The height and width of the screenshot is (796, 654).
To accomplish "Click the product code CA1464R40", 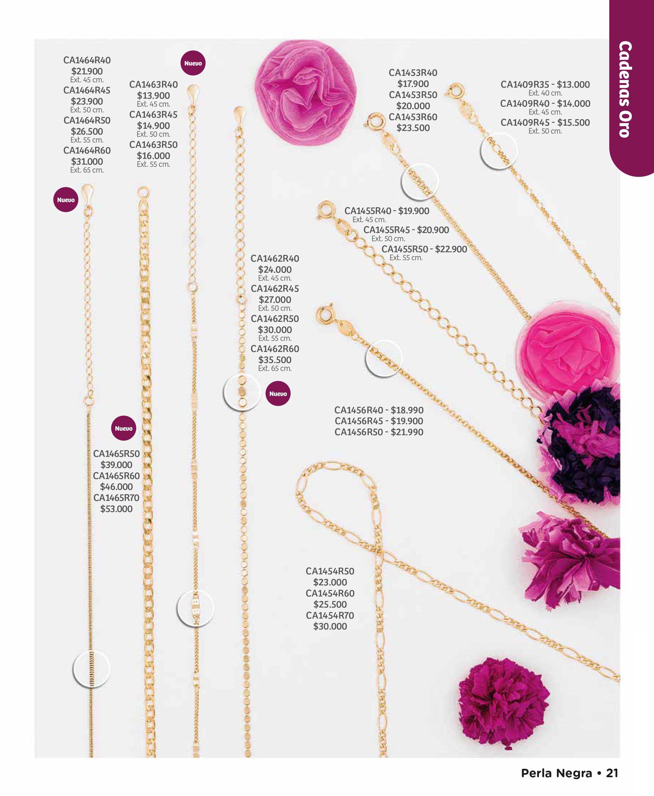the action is click(x=87, y=60).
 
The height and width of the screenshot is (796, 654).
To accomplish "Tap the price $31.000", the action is click(x=87, y=162).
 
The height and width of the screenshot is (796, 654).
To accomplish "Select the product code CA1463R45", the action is click(x=153, y=115).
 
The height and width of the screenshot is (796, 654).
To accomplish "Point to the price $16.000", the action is click(x=153, y=156).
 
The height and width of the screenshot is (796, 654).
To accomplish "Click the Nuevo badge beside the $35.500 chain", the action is click(x=278, y=394).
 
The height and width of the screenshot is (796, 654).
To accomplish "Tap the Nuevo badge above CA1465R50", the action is click(x=123, y=428).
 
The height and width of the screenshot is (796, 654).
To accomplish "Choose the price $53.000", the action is click(x=117, y=509).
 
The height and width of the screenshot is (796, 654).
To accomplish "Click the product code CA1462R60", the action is click(x=275, y=349).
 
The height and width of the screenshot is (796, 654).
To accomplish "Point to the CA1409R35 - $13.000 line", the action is click(x=545, y=84).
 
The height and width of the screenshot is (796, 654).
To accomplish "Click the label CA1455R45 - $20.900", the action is click(x=406, y=230).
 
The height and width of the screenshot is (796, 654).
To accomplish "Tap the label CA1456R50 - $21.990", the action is click(x=379, y=432).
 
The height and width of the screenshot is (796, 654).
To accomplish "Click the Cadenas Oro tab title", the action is click(x=625, y=89).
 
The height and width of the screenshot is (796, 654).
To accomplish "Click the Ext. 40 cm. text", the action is click(x=545, y=93).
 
